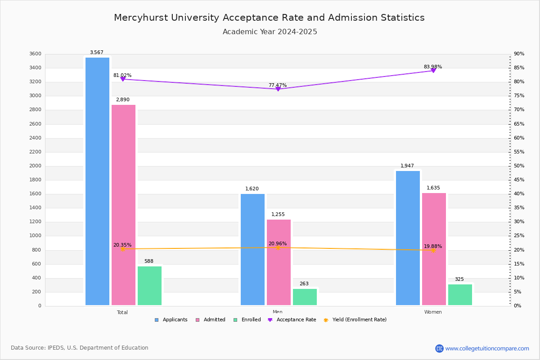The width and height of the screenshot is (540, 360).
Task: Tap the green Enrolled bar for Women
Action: pos(460,294)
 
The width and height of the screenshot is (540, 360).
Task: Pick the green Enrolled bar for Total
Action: pos(149,285)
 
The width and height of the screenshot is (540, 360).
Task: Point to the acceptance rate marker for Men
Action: pos(278,89)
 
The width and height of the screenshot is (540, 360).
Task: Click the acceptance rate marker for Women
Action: pos(433,71)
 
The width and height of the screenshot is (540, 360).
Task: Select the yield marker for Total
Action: pos(122,249)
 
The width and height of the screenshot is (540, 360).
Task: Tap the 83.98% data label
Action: pos(433,67)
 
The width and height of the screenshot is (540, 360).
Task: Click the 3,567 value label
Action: pos(97,53)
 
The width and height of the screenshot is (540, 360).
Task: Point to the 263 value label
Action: pos(304,283)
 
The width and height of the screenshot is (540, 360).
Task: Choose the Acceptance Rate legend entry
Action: pos(292,320)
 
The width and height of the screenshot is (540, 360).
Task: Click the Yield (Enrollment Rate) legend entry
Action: pos(355,320)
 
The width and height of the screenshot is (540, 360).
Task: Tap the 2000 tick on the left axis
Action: pos(35,166)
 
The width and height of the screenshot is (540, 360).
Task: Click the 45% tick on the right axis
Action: pos(519,180)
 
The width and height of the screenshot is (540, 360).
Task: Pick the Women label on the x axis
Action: pos(433,312)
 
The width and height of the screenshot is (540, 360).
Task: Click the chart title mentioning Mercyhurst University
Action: pos(269,18)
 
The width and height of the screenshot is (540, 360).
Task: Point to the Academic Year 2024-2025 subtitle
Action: pos(270,32)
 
